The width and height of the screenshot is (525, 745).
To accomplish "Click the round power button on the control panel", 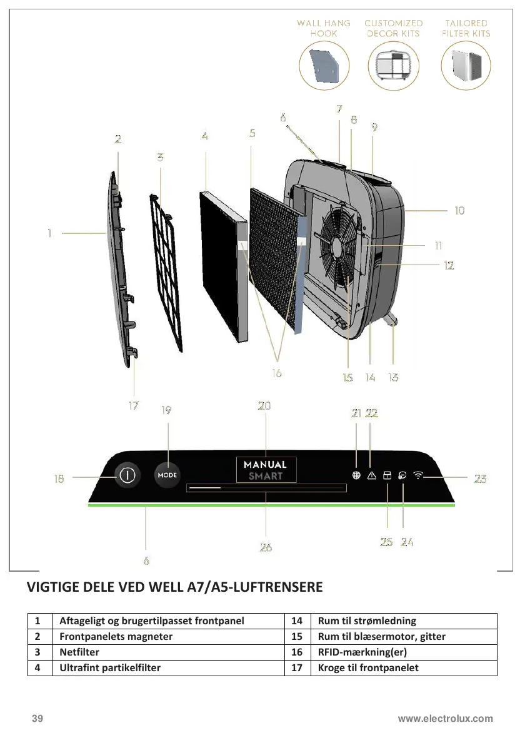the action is [x=127, y=475].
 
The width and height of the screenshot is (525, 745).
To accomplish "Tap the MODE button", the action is [x=167, y=475].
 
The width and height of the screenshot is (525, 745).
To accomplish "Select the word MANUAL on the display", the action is [x=266, y=465].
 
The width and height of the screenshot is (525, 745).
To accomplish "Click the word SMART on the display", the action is [x=266, y=476].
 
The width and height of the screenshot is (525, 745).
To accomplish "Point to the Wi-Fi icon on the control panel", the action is [x=417, y=475].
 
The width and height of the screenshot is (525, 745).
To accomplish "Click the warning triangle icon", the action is [x=372, y=475].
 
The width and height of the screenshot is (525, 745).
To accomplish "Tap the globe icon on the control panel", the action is [x=356, y=475].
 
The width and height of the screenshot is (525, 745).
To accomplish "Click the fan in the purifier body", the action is [x=341, y=248].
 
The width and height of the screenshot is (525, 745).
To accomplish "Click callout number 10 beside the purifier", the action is [x=459, y=211].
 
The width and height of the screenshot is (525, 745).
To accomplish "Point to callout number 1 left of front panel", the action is [x=49, y=233].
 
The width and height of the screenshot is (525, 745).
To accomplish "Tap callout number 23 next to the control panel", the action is [x=480, y=479].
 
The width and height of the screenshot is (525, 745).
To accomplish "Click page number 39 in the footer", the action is [x=38, y=719].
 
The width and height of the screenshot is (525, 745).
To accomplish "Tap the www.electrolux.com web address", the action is [x=446, y=719].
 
